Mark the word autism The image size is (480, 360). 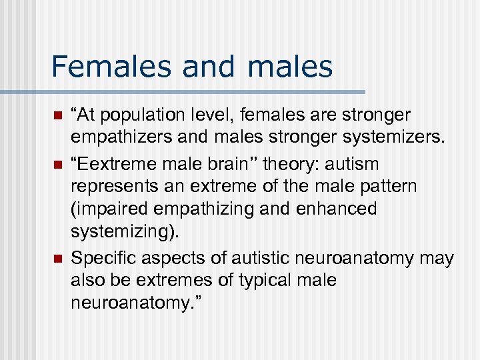coord(355,163)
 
